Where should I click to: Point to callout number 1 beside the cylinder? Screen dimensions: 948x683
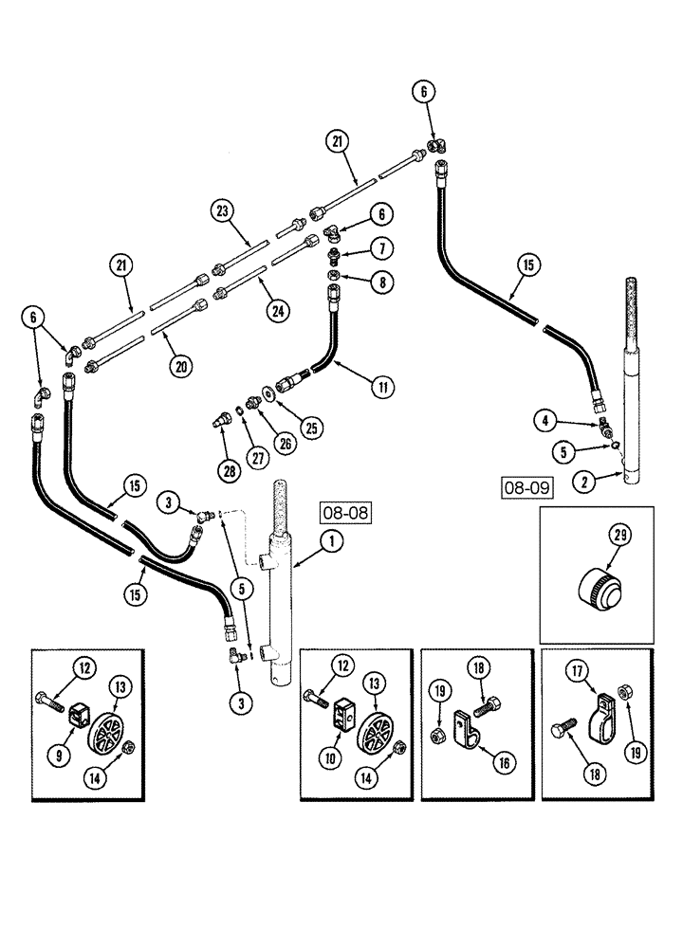tap(331, 543)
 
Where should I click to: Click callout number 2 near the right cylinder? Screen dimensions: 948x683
tap(586, 483)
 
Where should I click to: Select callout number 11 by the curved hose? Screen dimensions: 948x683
tap(382, 386)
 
